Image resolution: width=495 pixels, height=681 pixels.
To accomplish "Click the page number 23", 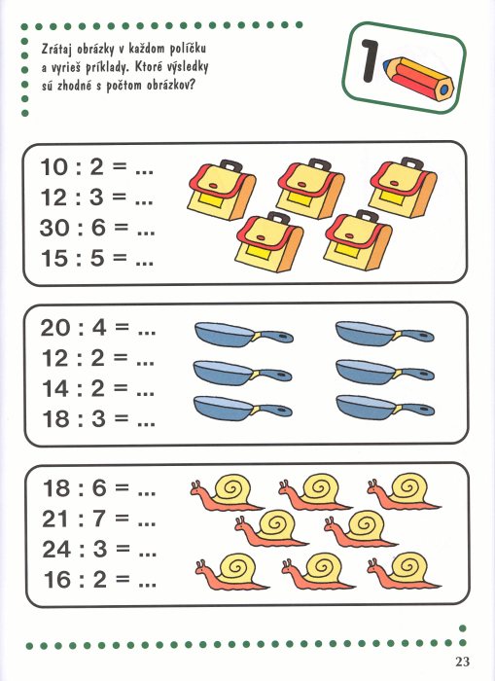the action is [463, 662].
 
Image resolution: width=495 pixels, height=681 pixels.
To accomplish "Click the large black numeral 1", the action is [369, 60].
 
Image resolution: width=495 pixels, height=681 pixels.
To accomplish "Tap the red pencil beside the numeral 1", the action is [418, 79].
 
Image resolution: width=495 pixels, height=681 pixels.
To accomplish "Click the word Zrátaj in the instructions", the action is [55, 49].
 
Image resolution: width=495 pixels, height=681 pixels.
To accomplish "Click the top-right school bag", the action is [403, 187].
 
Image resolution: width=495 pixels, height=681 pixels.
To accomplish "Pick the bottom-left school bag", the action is [269, 242].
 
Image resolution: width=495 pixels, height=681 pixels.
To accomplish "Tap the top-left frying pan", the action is [243, 335].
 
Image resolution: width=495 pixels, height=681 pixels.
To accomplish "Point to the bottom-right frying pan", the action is [385, 408].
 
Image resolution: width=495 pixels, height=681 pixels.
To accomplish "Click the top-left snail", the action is [226, 492].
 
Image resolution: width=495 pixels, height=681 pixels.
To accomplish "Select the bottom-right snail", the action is [404, 571].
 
